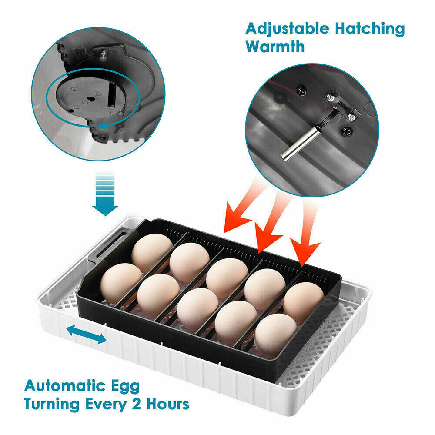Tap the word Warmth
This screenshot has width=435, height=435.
[x=275, y=46]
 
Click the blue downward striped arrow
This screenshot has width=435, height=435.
[x=104, y=194]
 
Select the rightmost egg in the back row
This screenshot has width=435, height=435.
[x=303, y=302]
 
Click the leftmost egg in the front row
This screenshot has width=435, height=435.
[x=120, y=283]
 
